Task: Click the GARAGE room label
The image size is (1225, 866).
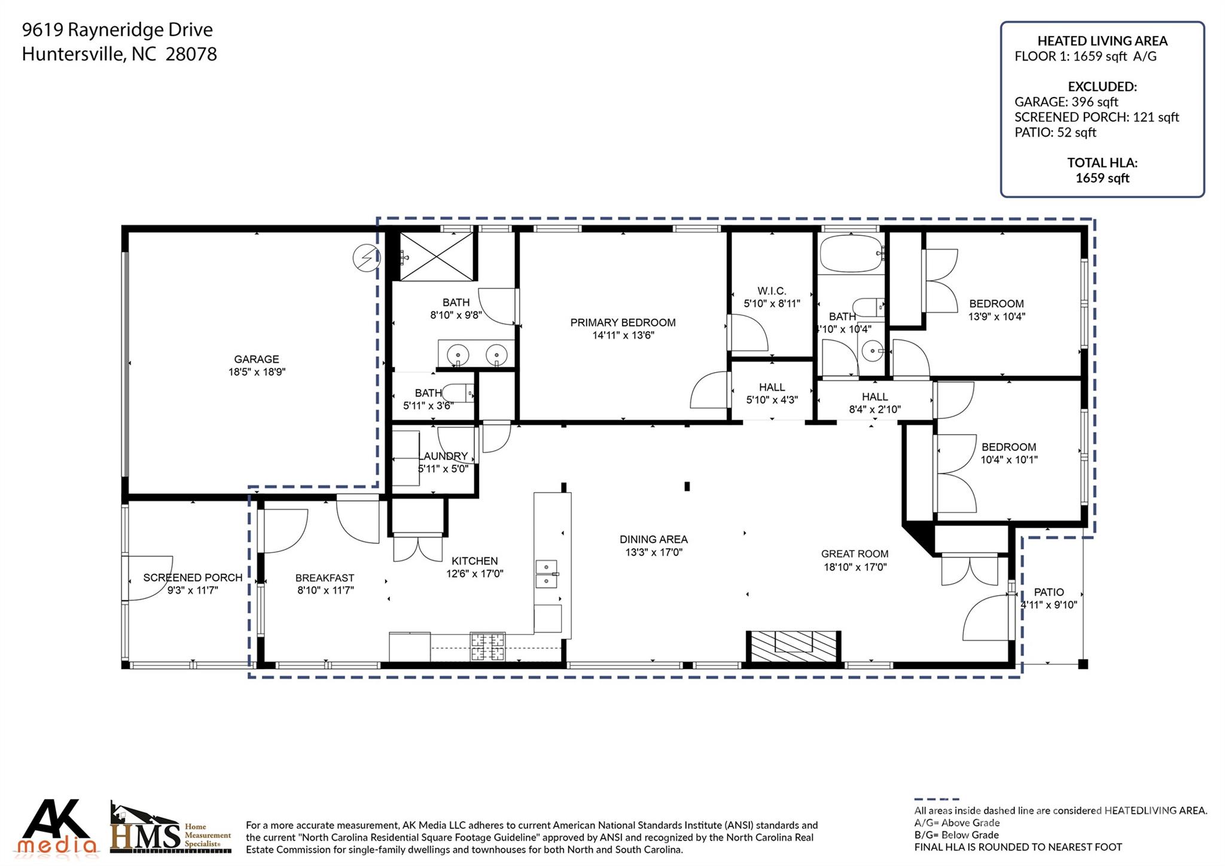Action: tap(257, 359)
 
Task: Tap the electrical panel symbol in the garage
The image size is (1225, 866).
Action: tap(366, 257)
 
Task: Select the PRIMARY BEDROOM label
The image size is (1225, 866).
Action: tap(623, 323)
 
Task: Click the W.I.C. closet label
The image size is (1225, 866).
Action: tap(772, 291)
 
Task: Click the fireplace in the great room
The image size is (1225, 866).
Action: tap(793, 646)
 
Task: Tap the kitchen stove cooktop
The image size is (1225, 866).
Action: tap(487, 646)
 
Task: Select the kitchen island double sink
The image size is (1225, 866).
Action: tap(547, 574)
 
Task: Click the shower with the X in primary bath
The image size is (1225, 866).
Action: tap(436, 256)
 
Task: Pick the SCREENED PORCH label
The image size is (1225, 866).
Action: tap(193, 578)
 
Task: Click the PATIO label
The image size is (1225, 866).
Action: tap(1049, 592)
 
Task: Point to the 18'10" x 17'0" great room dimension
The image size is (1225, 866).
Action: tap(855, 567)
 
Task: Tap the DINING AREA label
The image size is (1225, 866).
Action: tap(654, 539)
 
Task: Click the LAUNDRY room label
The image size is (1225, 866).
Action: tap(445, 456)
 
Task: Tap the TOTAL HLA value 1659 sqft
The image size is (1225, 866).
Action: tap(1102, 178)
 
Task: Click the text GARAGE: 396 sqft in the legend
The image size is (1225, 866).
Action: tap(1066, 102)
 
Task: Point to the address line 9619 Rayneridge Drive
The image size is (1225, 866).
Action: tap(117, 29)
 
